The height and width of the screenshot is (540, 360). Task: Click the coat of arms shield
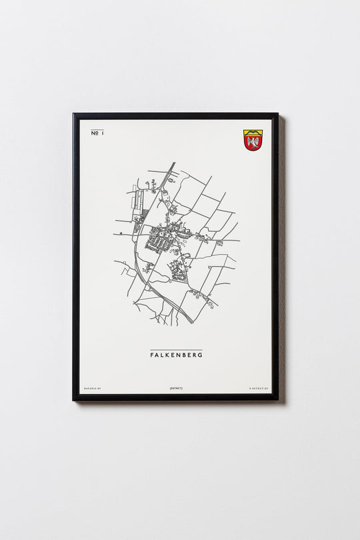click(253, 140)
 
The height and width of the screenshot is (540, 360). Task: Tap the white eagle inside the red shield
click(253, 143)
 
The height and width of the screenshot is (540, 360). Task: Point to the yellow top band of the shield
click(253, 132)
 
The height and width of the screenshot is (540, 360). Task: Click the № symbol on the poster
click(94, 134)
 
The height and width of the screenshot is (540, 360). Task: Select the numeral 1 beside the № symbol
click(103, 134)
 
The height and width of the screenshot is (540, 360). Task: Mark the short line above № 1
click(97, 129)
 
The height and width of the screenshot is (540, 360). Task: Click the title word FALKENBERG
click(176, 355)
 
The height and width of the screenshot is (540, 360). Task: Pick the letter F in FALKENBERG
click(152, 355)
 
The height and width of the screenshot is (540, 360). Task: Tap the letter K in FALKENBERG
click(168, 355)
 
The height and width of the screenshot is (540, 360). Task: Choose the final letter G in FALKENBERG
click(200, 355)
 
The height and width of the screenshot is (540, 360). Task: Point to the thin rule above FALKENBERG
click(176, 350)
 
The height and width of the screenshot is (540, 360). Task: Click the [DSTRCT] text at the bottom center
click(176, 387)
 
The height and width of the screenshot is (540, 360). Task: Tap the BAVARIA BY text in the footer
click(92, 387)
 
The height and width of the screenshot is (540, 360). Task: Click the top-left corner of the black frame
click(75, 115)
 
